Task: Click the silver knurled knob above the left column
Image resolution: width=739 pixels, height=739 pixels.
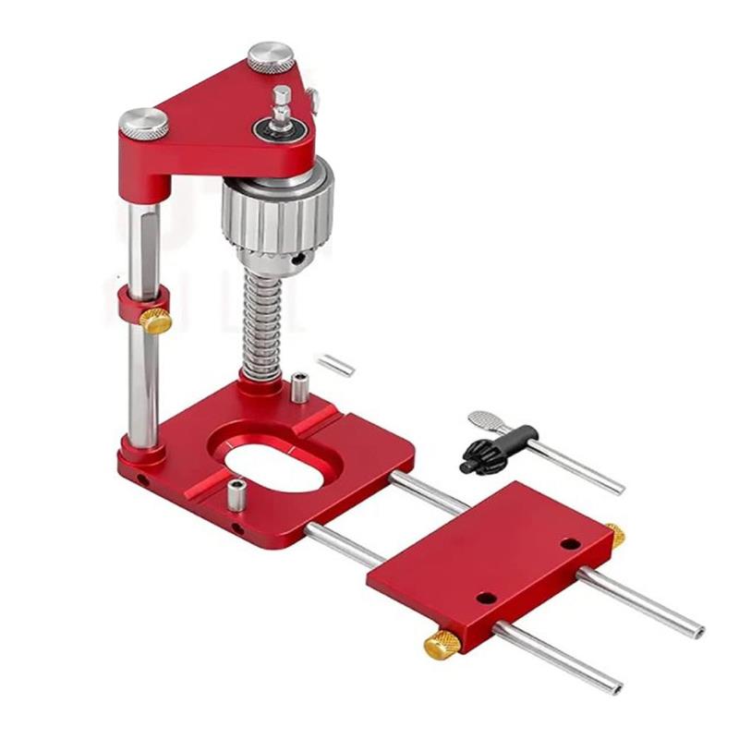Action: (143, 122)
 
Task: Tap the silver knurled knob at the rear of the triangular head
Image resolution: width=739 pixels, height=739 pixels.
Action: (270, 56)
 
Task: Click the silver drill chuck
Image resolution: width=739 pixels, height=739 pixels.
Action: (276, 212)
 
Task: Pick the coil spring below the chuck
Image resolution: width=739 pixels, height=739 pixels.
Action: (260, 323)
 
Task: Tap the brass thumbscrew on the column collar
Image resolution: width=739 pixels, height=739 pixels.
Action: (155, 321)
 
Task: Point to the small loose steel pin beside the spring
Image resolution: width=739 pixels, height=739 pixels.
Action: (333, 363)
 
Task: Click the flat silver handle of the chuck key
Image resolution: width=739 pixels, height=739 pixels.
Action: (484, 421)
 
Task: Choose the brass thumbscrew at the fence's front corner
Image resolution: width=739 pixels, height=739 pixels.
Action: (442, 644)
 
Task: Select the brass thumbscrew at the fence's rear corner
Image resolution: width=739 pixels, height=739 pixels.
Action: (614, 534)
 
